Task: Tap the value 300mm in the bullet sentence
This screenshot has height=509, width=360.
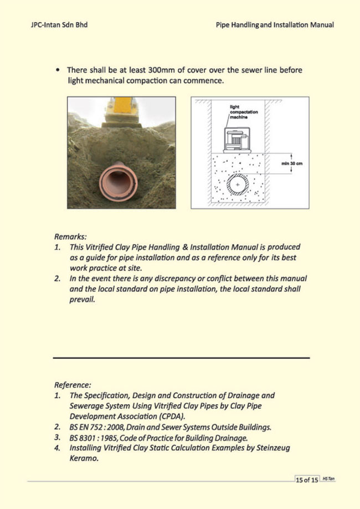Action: pos(157,70)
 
